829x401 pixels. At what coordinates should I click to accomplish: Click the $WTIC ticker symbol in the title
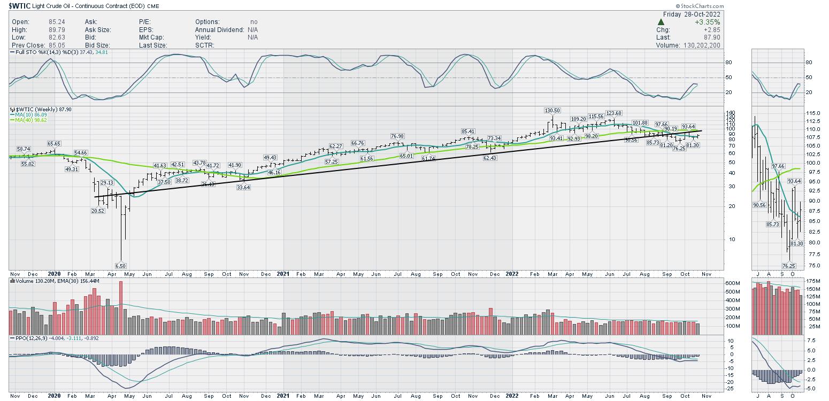[x=20, y=6]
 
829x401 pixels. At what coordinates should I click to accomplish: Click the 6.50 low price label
[x=121, y=266]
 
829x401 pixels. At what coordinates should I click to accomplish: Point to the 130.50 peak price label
[x=552, y=111]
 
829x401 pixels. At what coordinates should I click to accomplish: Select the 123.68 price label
[x=613, y=113]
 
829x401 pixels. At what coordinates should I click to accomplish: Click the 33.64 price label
[x=243, y=187]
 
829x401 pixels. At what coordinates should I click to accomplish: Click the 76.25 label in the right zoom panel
[x=789, y=266]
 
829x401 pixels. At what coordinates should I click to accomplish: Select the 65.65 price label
[x=54, y=144]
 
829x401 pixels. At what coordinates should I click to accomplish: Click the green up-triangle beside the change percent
[x=661, y=22]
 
